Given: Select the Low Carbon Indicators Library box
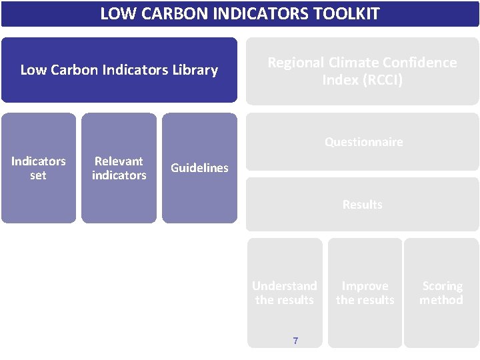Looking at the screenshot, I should tap(119, 70).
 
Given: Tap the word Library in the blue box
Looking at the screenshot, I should tap(192, 70).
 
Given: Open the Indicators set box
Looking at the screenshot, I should tap(39, 168).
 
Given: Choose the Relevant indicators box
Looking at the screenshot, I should tap(119, 168).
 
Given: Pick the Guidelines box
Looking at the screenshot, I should tap(199, 168).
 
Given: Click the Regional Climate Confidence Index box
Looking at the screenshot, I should tap(362, 71).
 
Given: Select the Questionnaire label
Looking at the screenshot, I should tap(363, 142).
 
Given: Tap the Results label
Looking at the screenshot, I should tap(362, 205).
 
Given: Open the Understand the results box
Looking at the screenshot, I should tap(285, 293).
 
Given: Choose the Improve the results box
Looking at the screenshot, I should tap(365, 293).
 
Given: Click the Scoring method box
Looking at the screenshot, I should tap(441, 293).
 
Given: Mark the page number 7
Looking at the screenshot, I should tap(295, 341).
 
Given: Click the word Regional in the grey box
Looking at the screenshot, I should tap(296, 63).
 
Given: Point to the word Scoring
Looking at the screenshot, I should tap(442, 286).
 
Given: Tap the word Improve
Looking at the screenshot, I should tap(365, 286).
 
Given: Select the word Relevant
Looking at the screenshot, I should tap(119, 161).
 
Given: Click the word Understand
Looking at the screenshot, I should tap(285, 286).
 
